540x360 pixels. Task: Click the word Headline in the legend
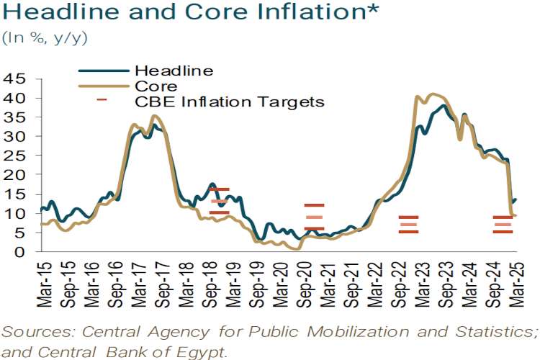pos(174,71)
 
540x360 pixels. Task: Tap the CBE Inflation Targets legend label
pos(230,101)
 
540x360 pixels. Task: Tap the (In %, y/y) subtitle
pos(45,38)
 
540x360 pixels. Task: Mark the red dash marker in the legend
pos(102,101)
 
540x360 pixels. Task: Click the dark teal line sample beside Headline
pos(103,71)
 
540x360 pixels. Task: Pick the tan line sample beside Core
pos(103,86)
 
